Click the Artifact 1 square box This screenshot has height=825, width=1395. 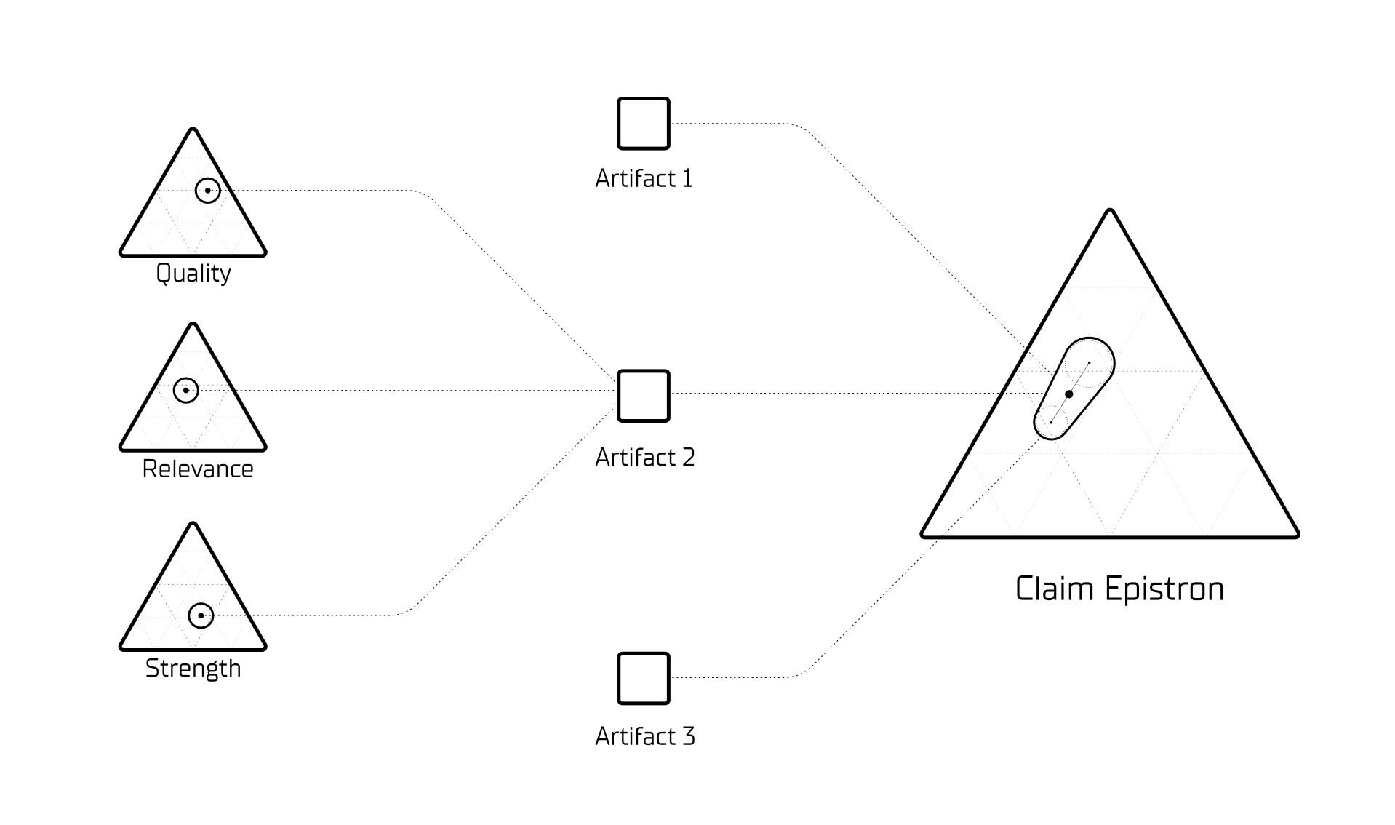pyautogui.click(x=643, y=124)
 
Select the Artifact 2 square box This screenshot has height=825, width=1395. pyautogui.click(x=643, y=396)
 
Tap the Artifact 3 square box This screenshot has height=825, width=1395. pyautogui.click(x=643, y=678)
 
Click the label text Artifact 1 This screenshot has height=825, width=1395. pyautogui.click(x=644, y=179)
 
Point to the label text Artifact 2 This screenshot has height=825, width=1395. pyautogui.click(x=644, y=458)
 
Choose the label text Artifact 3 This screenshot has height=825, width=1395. pyautogui.click(x=644, y=736)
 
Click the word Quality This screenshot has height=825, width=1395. pyautogui.click(x=193, y=274)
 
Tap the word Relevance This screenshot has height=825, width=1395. pyautogui.click(x=197, y=469)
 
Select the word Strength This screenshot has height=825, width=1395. pyautogui.click(x=193, y=669)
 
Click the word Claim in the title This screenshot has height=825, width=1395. pyautogui.click(x=1054, y=589)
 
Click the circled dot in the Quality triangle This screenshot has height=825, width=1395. pyautogui.click(x=207, y=191)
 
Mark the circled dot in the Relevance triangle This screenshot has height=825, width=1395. pyautogui.click(x=186, y=391)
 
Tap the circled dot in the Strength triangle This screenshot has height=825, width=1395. pyautogui.click(x=201, y=615)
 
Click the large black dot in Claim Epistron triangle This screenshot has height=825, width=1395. pyautogui.click(x=1068, y=394)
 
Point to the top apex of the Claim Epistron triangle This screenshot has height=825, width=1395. pyautogui.click(x=1110, y=212)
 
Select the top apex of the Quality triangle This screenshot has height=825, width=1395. pyautogui.click(x=193, y=131)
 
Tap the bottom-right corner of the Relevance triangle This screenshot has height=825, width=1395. pyautogui.click(x=263, y=448)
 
